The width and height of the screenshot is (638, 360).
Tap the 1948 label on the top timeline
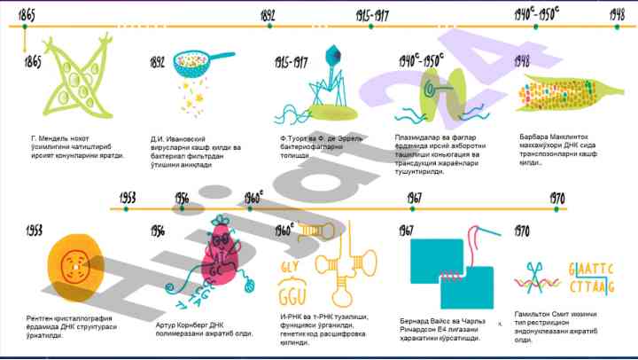click(617, 14)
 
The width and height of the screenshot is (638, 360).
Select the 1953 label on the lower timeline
click(128, 198)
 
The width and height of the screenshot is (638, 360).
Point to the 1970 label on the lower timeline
click(557, 198)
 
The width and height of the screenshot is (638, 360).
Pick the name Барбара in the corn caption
click(536, 137)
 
